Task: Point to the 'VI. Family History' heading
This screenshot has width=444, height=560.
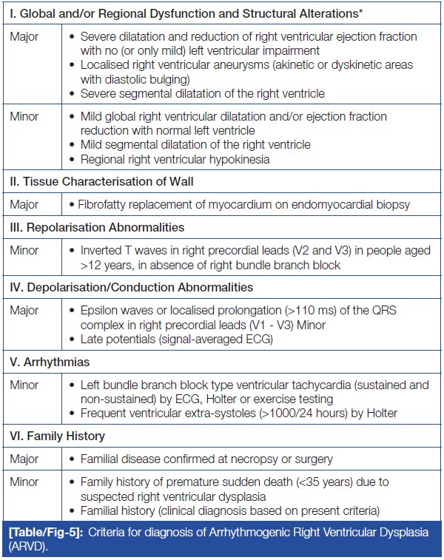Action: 53,436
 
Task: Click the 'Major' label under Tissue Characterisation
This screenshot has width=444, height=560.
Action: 25,205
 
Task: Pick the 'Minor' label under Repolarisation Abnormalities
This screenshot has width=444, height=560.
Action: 25,251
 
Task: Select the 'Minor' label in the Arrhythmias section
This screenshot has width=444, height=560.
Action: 25,386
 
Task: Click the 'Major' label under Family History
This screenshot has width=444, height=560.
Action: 25,459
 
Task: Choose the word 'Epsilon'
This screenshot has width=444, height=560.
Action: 101,309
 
